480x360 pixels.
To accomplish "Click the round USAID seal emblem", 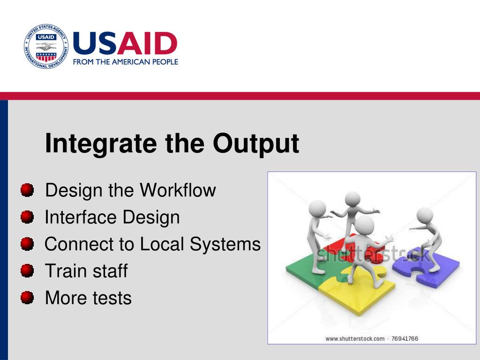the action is coord(46,46).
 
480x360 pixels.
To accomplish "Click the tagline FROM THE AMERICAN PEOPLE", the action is coord(126,62).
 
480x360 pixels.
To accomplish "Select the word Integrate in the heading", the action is coord(101,143).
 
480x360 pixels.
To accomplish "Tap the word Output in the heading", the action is coord(256,143).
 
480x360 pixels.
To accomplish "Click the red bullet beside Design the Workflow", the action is coord(27,190).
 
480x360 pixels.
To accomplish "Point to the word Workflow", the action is coord(178,190).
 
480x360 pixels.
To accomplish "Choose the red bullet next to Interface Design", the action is coord(27,217).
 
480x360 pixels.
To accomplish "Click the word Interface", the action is coord(81,217).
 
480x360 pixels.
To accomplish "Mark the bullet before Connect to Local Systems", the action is coord(27,244).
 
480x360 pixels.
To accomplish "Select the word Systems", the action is coord(225,244).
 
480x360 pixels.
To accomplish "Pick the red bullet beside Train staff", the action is coord(27,270).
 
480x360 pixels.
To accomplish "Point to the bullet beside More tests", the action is coord(27,298).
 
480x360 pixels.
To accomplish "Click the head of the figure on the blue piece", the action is coord(425,216).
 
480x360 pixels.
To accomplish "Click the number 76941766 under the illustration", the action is coord(405,338).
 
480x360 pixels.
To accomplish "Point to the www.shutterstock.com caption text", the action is coord(355,338).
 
